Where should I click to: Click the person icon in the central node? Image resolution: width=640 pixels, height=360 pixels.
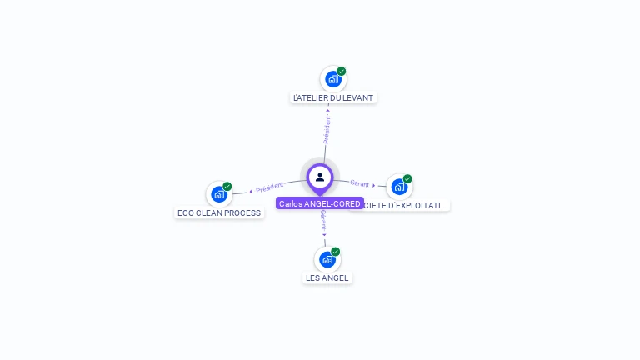coord(320,177)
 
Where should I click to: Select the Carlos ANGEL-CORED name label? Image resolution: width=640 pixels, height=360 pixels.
coord(320,203)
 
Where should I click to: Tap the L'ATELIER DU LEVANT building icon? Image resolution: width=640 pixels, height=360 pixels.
coord(332,79)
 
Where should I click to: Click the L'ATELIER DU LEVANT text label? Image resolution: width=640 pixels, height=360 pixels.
coord(333,97)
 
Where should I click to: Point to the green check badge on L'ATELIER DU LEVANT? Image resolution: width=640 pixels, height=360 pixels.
coord(342,71)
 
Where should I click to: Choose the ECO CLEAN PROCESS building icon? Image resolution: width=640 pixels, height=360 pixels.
coord(218,194)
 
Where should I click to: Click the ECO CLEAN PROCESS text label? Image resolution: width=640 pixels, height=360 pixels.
coord(219,212)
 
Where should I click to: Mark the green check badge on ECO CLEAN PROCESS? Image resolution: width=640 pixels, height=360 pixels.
coord(227,186)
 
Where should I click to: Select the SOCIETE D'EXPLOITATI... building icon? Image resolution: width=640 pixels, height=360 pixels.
coord(398,187)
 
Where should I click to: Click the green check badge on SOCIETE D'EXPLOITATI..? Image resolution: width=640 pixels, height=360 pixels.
coord(407,178)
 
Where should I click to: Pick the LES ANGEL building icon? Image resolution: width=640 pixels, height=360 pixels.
coord(327,259)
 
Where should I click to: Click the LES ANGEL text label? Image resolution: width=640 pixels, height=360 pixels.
coord(327,277)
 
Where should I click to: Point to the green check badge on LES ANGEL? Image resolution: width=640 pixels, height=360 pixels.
coord(336,251)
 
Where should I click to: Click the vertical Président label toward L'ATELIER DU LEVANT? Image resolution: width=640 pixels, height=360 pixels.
coord(327,129)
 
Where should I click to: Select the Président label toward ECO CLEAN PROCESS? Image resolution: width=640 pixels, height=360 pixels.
coord(270,187)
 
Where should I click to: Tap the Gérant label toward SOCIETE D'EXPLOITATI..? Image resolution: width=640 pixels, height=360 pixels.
coord(360,183)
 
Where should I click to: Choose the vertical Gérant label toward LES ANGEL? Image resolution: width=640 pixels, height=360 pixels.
coord(323,221)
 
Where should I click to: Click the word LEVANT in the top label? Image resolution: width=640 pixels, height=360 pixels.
coord(357,97)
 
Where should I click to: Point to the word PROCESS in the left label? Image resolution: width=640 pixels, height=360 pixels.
coord(242,212)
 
